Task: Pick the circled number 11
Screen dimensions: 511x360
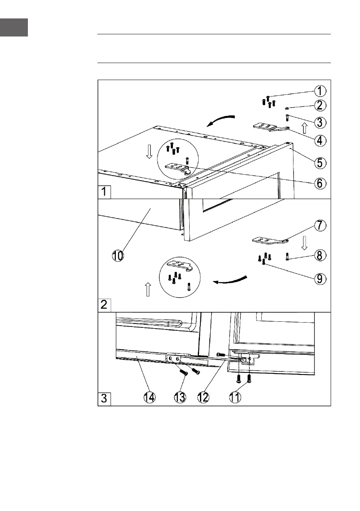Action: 234,397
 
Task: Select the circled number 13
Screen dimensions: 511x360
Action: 180,397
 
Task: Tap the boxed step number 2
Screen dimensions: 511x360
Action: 104,305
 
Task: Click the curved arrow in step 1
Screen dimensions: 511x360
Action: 221,120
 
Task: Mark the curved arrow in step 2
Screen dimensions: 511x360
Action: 230,280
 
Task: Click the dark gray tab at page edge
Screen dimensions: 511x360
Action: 14,27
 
